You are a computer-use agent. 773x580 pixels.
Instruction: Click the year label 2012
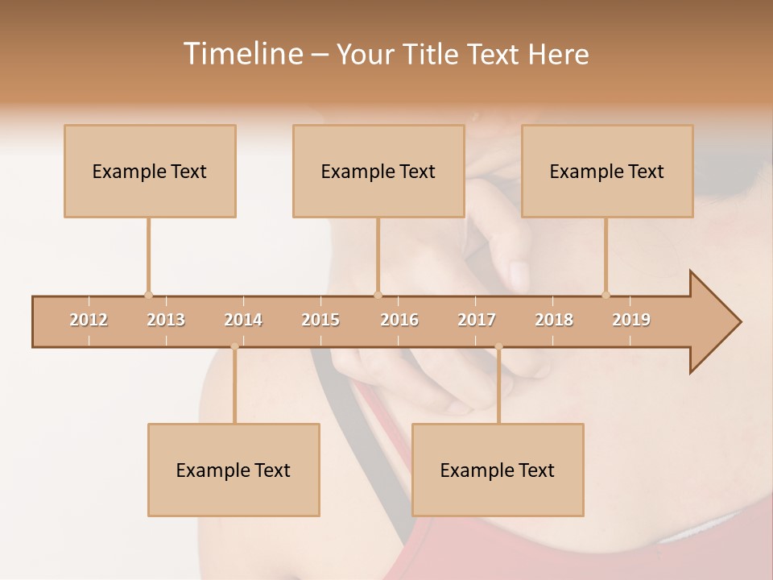coord(89,320)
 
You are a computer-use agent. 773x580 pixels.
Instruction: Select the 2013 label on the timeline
coord(166,320)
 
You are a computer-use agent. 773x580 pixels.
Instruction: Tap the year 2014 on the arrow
coord(243,320)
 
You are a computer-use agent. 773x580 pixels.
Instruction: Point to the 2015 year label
coord(320,320)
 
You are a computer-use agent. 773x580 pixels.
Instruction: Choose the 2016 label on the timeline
coord(399,320)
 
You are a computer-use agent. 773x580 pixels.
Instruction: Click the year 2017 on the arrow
coord(477,320)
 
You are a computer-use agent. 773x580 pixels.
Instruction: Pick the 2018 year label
coord(554,320)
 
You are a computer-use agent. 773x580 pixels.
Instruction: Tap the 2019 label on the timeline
coord(631,320)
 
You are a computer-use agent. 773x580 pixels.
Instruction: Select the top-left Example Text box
coord(150,171)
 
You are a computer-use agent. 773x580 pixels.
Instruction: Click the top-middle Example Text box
coord(378,171)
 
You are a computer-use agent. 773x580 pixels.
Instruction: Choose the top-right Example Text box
coord(607,171)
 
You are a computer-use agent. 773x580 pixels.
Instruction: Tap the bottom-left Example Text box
coord(234,470)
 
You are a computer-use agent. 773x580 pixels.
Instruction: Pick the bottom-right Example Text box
coord(498,470)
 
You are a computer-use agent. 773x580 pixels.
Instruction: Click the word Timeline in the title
coord(242,54)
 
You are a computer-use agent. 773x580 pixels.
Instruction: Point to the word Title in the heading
coord(431,54)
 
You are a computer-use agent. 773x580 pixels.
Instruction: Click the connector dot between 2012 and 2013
coord(148,295)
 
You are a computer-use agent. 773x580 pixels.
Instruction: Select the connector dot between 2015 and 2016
coord(378,295)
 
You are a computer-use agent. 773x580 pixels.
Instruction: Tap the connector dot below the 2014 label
coord(234,346)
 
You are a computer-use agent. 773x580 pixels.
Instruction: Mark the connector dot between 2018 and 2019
coord(606,295)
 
